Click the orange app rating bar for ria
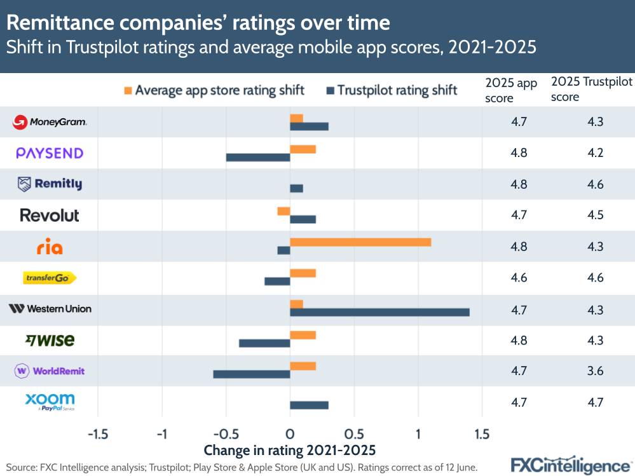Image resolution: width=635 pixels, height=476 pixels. pyautogui.click(x=360, y=242)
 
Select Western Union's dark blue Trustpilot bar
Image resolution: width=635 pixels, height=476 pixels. pyautogui.click(x=379, y=312)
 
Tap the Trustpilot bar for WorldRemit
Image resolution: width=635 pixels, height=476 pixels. pyautogui.click(x=252, y=374)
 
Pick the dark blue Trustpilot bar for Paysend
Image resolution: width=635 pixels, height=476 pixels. pyautogui.click(x=258, y=157)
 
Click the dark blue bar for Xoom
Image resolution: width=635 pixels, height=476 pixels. pyautogui.click(x=309, y=405)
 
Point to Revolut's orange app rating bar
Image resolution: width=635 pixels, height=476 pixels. pyautogui.click(x=283, y=211)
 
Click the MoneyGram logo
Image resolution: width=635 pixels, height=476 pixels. pyautogui.click(x=50, y=122)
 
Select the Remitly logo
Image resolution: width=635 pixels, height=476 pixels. pyautogui.click(x=50, y=184)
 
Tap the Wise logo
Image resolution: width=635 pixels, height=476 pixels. pyautogui.click(x=50, y=340)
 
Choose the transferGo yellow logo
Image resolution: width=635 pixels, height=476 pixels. pyautogui.click(x=50, y=278)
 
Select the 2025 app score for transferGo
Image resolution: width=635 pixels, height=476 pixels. pyautogui.click(x=519, y=278)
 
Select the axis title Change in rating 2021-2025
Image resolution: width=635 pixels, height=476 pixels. pyautogui.click(x=290, y=451)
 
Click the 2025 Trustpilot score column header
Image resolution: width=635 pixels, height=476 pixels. pyautogui.click(x=591, y=90)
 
